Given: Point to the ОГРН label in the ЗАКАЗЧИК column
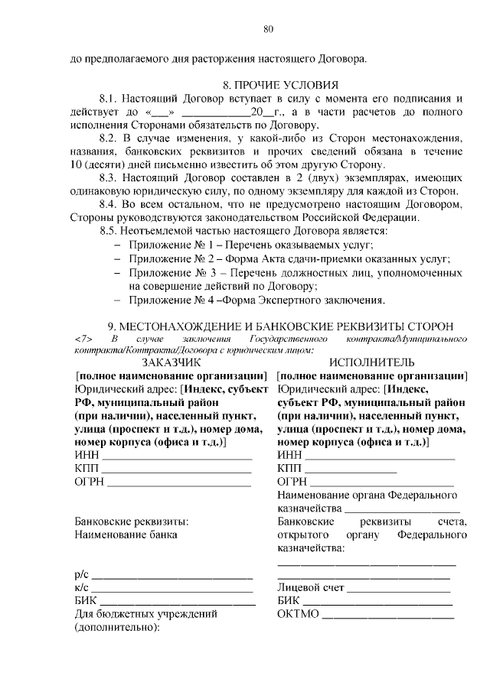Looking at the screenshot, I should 89,482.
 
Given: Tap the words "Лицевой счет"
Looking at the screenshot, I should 311,587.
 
